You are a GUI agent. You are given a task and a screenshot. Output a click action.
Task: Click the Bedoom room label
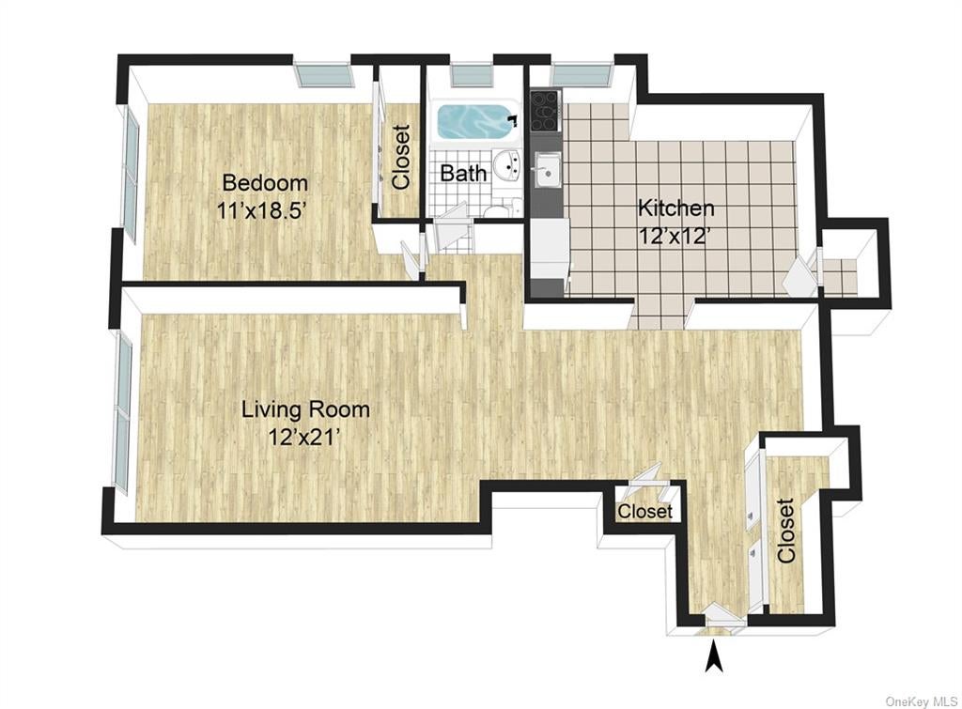(265, 183)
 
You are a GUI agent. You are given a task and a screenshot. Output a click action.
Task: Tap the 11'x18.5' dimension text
(261, 211)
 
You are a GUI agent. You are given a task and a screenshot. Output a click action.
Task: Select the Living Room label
(305, 409)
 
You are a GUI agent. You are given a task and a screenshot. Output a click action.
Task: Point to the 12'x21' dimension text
(304, 438)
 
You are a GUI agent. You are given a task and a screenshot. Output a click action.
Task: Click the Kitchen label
(676, 208)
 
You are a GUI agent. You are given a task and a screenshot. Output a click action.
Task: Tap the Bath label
(463, 174)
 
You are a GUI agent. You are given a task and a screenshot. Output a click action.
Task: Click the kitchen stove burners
(544, 111)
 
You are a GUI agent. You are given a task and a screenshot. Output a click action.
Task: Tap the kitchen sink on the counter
(546, 170)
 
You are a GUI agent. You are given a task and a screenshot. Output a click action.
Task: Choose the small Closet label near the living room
(644, 511)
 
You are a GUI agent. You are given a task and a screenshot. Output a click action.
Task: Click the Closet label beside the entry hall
(786, 531)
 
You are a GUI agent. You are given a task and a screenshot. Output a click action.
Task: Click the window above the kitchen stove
(582, 74)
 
